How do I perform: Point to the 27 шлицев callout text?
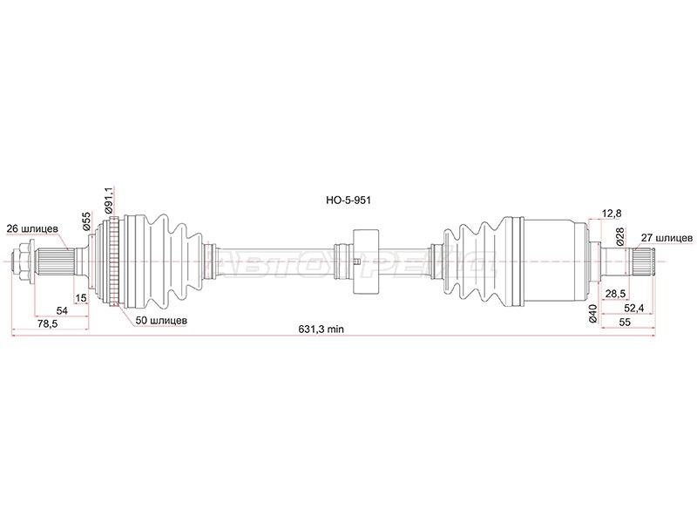click(x=667, y=237)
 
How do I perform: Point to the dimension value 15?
click(x=81, y=298)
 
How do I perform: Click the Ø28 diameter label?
click(x=619, y=235)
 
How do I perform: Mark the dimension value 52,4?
click(x=633, y=308)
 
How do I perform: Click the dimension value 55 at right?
click(x=625, y=323)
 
